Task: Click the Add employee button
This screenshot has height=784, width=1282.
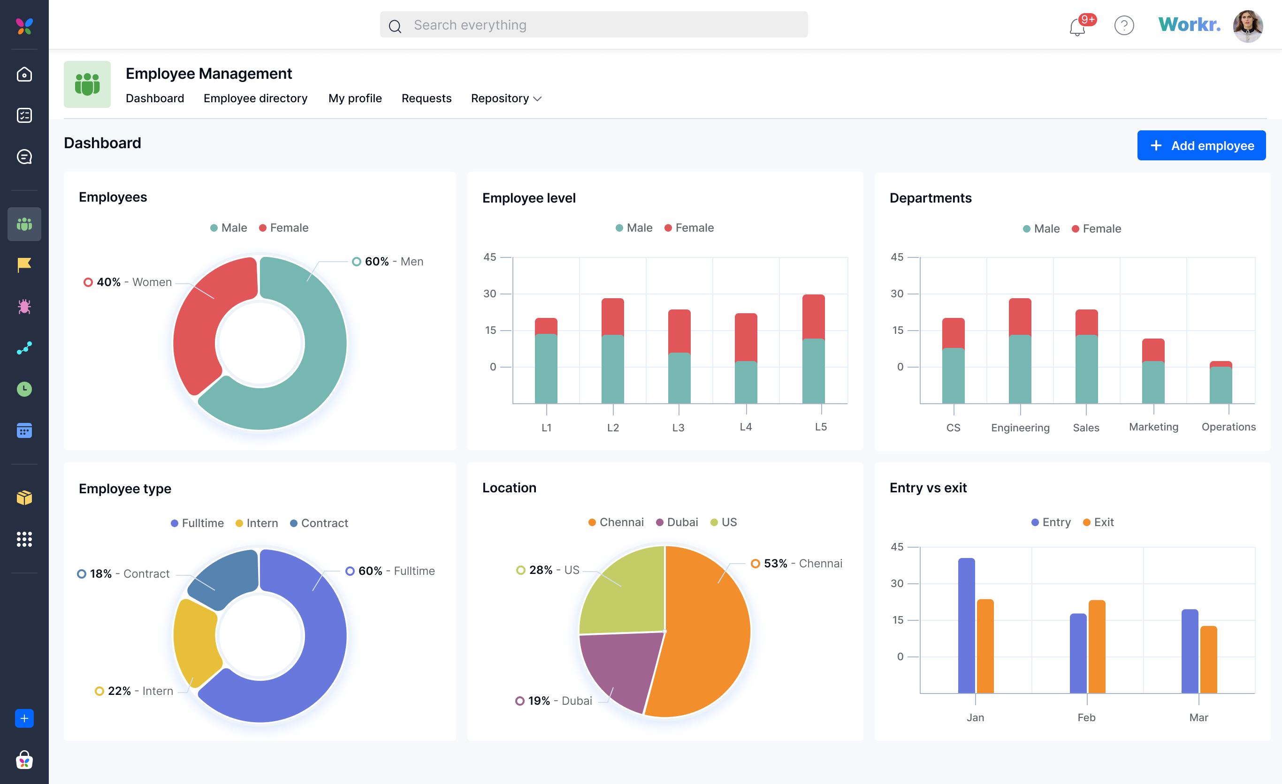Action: [1201, 145]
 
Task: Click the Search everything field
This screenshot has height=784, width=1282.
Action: [593, 25]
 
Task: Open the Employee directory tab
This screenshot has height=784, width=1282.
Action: [255, 98]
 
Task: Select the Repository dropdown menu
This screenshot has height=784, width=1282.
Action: [506, 98]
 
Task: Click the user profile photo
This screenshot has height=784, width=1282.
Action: [1247, 26]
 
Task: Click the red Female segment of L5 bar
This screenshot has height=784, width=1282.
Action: [813, 316]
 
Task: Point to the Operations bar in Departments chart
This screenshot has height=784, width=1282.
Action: [1220, 384]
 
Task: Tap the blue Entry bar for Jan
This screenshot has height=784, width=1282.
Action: [966, 624]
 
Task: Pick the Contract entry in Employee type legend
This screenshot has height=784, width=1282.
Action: [319, 523]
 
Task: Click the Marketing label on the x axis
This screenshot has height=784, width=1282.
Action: [1153, 427]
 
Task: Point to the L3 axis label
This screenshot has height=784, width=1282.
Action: [678, 427]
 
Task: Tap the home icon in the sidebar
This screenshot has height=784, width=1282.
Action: [24, 75]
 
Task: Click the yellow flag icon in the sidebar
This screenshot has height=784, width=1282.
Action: [24, 265]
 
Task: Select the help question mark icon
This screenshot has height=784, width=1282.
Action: [1124, 25]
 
